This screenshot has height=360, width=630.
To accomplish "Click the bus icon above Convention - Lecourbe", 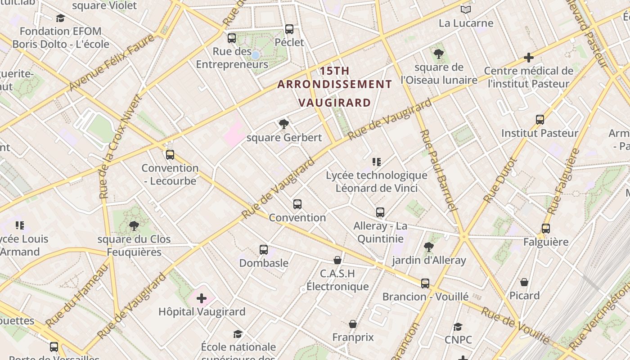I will [x=170, y=155].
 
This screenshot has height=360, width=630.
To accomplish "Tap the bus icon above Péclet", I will [x=289, y=29].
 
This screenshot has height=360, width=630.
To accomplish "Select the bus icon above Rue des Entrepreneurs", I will [x=232, y=38].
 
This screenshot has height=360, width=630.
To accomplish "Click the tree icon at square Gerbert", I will [x=283, y=124].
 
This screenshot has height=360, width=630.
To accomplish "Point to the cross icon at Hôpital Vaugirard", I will [x=202, y=298].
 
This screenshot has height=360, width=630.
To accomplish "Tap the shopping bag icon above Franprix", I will [x=353, y=324].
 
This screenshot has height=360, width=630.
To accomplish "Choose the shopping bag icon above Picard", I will [x=524, y=282].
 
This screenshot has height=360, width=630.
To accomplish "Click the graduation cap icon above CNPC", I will [x=458, y=327].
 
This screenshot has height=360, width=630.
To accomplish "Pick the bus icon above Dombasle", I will [x=264, y=249].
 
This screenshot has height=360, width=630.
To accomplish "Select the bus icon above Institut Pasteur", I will [x=540, y=120].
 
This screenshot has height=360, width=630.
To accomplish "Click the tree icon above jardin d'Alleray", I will [x=428, y=247].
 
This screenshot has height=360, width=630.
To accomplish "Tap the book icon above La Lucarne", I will [x=466, y=9].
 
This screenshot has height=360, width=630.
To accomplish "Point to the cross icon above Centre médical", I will [x=529, y=58].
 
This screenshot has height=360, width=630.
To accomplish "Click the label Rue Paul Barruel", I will [x=438, y=171].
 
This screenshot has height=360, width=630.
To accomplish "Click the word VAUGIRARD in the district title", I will [x=335, y=103].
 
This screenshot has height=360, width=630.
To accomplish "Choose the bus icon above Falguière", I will [x=546, y=229].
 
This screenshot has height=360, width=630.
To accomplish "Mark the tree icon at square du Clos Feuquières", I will [x=134, y=225].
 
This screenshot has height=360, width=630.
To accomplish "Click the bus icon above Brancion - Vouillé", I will [x=425, y=283].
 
